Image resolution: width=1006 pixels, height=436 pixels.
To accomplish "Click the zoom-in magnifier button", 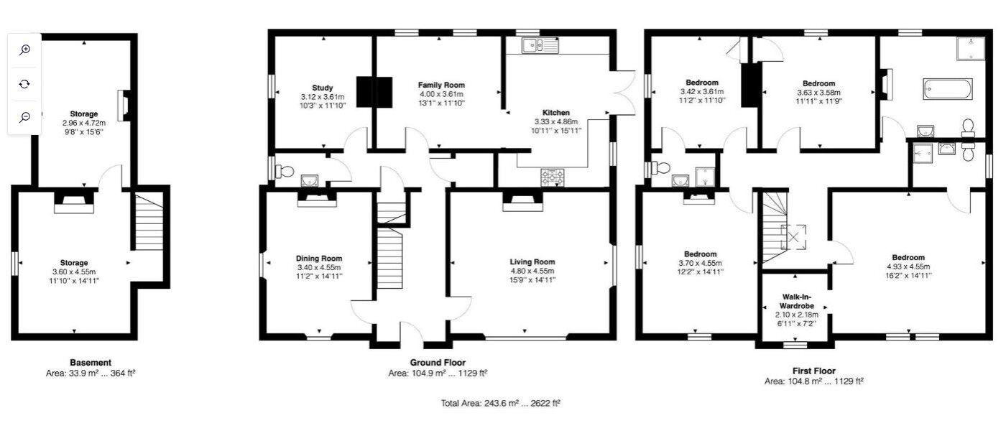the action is pos(24,50).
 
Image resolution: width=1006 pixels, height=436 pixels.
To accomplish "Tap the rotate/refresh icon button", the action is pos(24,84).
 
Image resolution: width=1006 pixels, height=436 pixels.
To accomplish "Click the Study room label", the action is pos(323,88).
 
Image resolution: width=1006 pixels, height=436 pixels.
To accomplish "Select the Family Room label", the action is pos(441,85).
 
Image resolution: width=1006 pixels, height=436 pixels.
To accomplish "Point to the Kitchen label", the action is pos(556,113).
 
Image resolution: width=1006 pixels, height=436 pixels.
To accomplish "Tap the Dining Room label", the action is pos(319,258).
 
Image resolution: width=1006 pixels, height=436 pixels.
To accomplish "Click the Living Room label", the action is pos(532,261).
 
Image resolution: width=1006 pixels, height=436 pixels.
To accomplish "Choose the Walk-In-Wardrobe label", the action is pos(797,301).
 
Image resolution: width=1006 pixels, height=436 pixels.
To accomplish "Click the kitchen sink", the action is pos(540,45).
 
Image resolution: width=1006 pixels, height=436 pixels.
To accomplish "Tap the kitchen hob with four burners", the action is pos(553,177).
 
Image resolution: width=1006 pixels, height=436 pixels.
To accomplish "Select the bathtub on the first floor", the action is pos(948,89).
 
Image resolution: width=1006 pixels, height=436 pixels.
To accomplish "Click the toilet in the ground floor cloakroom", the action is pos(284,171).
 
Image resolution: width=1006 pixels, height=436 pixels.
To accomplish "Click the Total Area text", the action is pos(500,403).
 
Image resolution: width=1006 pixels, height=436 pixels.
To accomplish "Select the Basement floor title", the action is pos(91,362).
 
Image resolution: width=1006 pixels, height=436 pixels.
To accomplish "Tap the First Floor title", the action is pos(813,371).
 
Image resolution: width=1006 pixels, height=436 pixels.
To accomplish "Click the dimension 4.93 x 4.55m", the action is pos(908,266).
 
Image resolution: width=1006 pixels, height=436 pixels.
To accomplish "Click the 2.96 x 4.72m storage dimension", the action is pos(84,123).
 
